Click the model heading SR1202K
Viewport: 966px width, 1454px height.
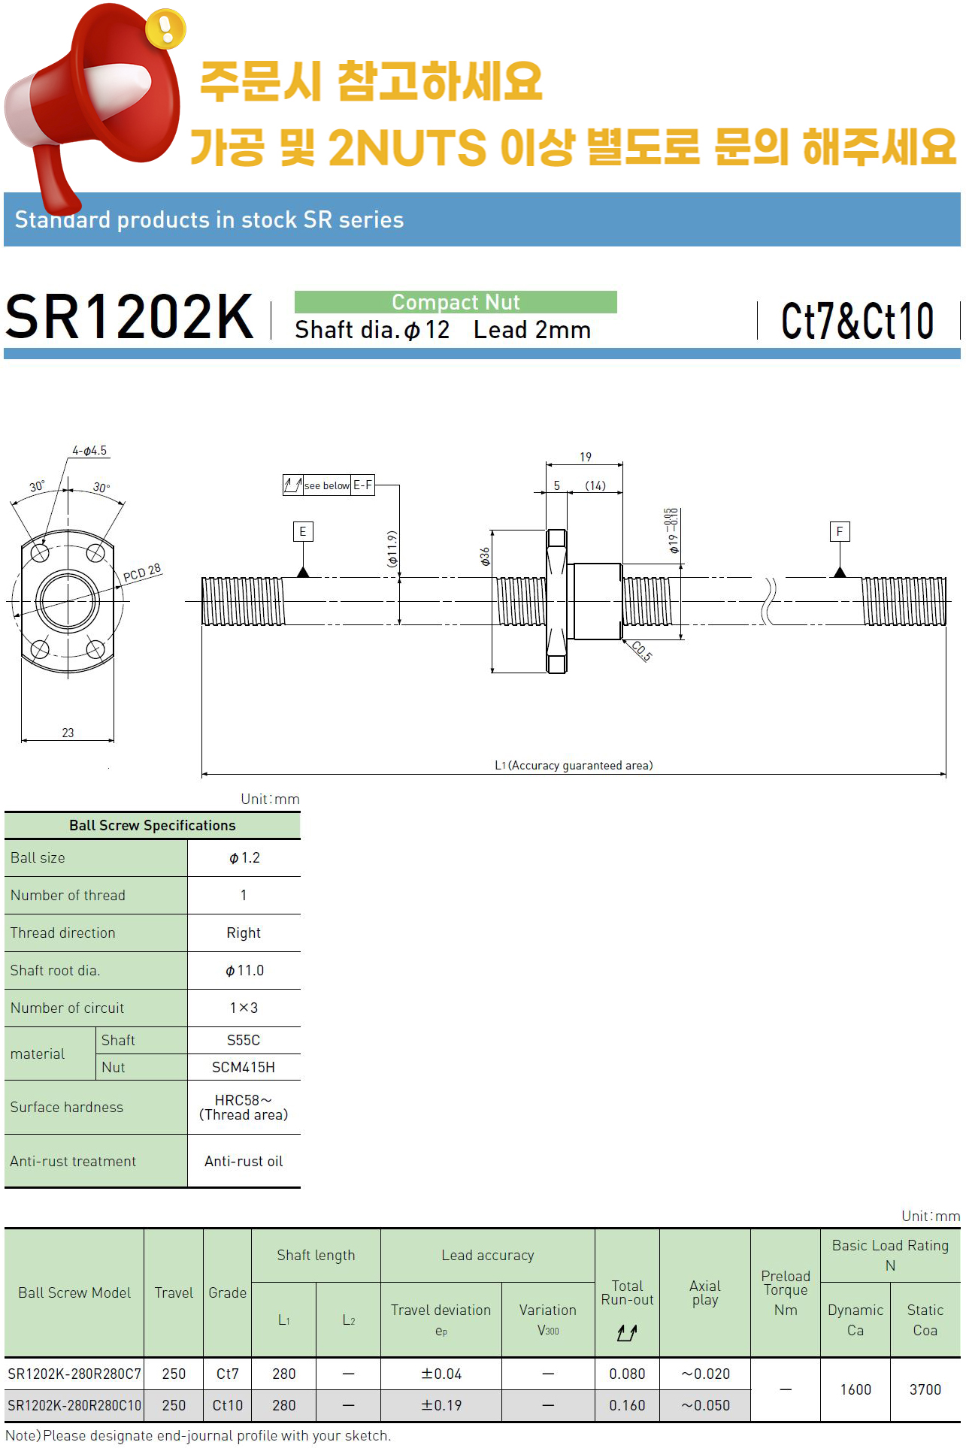129,316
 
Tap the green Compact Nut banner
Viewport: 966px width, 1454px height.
456,302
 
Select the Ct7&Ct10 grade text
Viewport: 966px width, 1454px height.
858,321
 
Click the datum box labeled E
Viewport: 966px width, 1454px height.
303,531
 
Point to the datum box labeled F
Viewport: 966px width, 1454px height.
840,531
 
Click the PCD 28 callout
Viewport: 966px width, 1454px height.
142,573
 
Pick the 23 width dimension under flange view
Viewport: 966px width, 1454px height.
68,733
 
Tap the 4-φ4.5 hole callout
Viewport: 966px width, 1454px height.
89,451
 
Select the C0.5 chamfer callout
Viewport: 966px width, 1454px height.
641,651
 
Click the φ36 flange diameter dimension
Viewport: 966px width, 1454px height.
486,556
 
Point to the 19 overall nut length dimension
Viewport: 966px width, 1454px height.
586,457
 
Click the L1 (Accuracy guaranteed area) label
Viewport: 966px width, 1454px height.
574,765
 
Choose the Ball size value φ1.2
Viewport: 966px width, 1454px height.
244,858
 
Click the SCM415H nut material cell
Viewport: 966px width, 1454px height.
244,1067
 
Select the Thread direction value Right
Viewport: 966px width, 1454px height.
244,933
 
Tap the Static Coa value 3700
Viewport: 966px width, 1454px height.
925,1389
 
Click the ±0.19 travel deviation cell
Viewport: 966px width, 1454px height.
441,1405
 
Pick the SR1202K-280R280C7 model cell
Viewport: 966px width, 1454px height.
74,1374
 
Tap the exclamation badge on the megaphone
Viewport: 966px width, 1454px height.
165,29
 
